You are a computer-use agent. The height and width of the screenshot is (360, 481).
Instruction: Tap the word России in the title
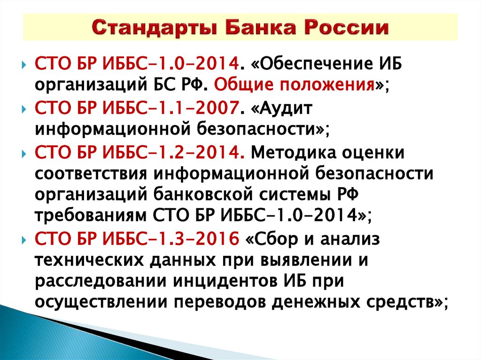pyautogui.click(x=349, y=28)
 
